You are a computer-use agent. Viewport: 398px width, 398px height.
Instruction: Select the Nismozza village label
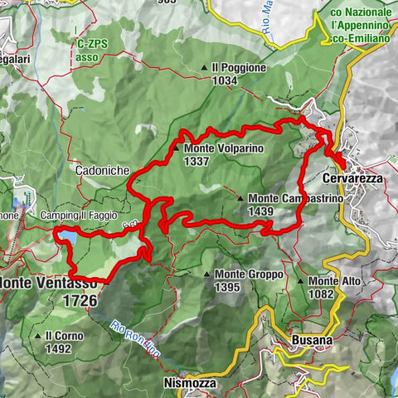(x=190, y=384)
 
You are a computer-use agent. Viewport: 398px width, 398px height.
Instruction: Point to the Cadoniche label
(x=100, y=170)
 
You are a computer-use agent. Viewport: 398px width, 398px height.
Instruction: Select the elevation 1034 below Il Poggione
(x=224, y=80)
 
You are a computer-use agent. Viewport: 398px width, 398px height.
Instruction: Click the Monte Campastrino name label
(x=284, y=199)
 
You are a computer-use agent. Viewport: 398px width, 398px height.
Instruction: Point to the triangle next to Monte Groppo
(x=206, y=274)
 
